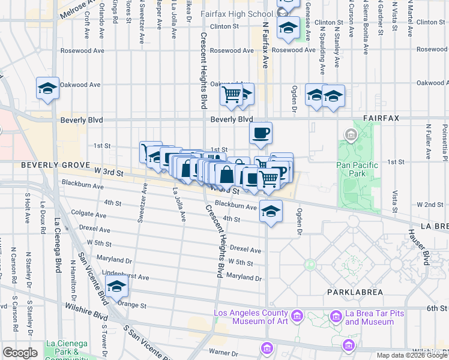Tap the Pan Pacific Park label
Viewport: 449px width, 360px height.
(357, 169)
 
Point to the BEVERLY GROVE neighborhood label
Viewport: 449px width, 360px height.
(49, 164)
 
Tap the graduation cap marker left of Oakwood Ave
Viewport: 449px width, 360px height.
(47, 88)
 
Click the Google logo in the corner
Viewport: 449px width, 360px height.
(20, 352)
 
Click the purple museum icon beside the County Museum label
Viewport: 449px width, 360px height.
(296, 316)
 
